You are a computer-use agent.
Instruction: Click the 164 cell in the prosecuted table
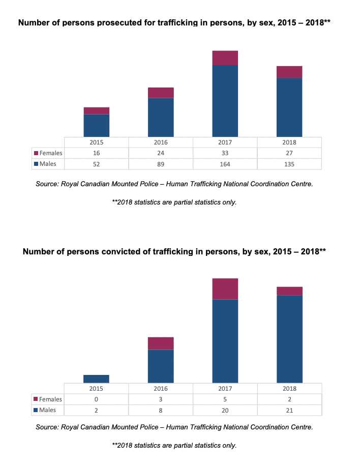coord(225,164)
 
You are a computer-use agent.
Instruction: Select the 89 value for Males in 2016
coord(161,164)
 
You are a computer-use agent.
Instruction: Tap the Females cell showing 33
coord(225,153)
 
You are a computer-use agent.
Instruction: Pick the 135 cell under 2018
coord(289,164)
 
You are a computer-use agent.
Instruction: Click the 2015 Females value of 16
coord(97,153)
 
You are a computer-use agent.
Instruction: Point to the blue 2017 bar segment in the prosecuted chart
coord(225,101)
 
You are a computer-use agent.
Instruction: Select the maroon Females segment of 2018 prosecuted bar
coord(289,72)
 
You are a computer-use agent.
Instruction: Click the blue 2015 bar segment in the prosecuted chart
coord(97,125)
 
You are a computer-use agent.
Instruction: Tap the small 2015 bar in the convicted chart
coord(97,379)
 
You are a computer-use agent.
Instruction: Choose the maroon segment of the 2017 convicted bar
coord(225,289)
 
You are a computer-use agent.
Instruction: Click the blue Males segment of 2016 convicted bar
coord(161,366)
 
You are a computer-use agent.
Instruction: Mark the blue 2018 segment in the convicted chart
coord(289,338)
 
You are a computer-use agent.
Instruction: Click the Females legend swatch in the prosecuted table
coord(36,153)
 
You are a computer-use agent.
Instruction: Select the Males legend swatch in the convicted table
coord(36,410)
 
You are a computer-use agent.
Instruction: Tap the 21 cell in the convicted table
coord(289,410)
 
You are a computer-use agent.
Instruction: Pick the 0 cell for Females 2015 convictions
coord(97,399)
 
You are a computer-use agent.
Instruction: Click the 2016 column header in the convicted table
coord(161,388)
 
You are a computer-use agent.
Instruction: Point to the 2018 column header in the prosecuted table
coord(289,142)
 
